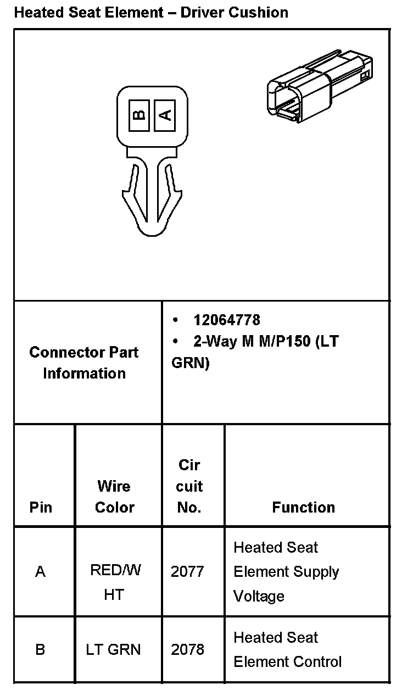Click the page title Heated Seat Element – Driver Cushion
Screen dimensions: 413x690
click(x=151, y=12)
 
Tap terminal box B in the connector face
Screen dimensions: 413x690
click(x=140, y=115)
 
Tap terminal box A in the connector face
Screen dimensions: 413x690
click(x=165, y=115)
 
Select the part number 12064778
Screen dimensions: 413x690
click(x=227, y=320)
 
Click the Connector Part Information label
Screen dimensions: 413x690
click(x=84, y=363)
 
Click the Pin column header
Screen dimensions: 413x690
click(x=41, y=507)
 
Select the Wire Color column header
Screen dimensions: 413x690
click(x=114, y=497)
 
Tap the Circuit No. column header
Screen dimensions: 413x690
click(x=189, y=486)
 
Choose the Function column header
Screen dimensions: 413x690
click(x=303, y=507)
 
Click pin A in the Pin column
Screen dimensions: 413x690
click(x=40, y=572)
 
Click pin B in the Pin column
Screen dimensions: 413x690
click(x=40, y=649)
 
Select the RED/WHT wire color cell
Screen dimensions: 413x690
click(x=115, y=582)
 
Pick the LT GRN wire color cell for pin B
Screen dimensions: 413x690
click(x=113, y=649)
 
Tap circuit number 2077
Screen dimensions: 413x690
click(x=187, y=572)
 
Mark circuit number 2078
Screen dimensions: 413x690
click(x=187, y=649)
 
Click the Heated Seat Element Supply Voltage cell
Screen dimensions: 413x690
click(x=286, y=571)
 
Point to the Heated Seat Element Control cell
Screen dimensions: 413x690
click(x=287, y=649)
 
